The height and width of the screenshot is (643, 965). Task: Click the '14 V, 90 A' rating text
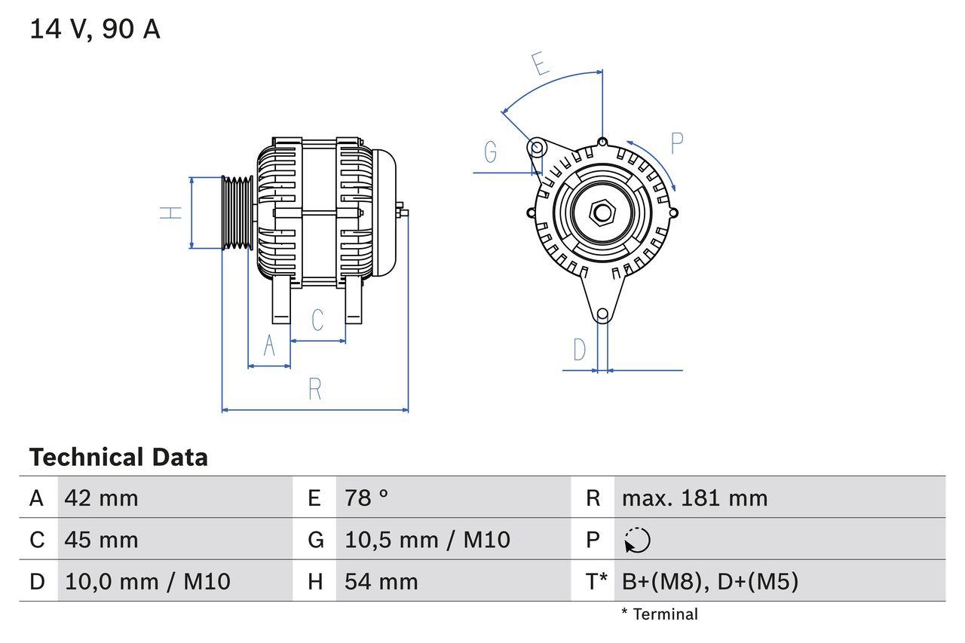click(94, 29)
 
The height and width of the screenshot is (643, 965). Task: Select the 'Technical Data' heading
click(118, 457)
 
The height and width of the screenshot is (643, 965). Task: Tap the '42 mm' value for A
click(102, 498)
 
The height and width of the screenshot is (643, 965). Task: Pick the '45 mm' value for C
click(102, 540)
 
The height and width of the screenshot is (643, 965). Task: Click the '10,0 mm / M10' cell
click(148, 581)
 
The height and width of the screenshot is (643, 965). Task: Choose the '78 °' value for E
click(366, 498)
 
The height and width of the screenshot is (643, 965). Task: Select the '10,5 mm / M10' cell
click(427, 540)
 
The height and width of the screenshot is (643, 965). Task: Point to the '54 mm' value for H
click(381, 581)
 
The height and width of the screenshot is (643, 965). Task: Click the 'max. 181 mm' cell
click(694, 498)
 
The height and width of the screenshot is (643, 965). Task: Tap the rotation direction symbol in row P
click(637, 540)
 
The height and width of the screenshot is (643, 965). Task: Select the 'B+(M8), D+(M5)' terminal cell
click(709, 581)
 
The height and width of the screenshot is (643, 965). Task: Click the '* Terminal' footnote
click(660, 614)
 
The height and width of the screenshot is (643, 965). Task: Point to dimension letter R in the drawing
click(315, 389)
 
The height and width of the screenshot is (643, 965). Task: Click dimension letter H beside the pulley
click(172, 213)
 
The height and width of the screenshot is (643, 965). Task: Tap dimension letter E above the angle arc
click(540, 65)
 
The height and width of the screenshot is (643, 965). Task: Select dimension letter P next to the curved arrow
click(676, 143)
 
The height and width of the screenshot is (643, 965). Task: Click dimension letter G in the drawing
click(491, 152)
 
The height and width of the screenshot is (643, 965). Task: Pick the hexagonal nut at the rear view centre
click(601, 213)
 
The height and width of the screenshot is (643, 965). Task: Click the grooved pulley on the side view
click(237, 213)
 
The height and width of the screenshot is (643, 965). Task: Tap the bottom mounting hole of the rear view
click(602, 314)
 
